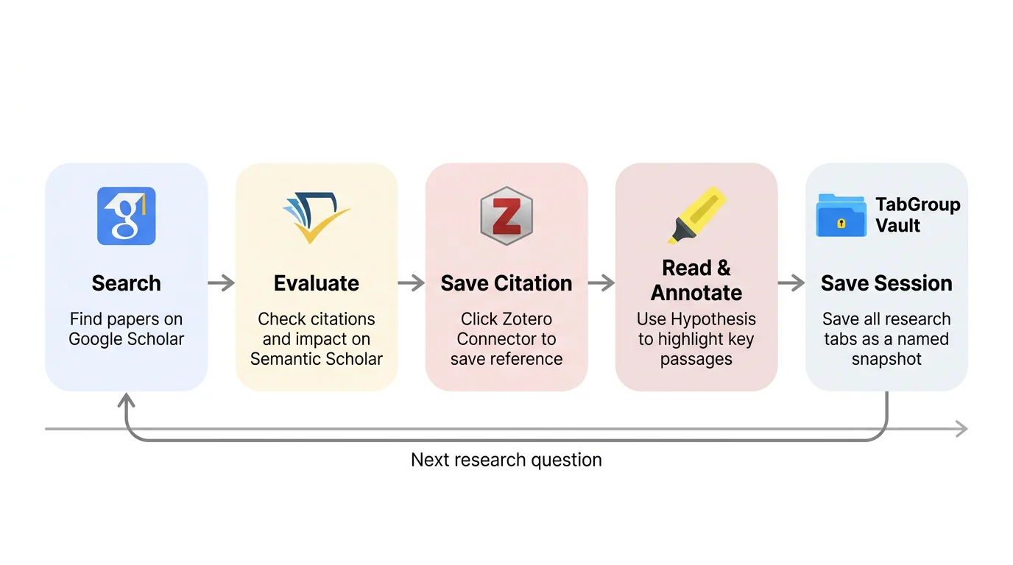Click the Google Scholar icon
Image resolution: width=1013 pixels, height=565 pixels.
click(x=127, y=216)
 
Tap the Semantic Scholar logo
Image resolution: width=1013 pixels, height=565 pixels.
click(x=316, y=217)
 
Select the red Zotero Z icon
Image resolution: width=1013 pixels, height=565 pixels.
click(x=506, y=216)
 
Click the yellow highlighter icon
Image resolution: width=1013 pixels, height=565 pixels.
click(x=696, y=215)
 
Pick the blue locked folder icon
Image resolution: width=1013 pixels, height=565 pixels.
click(x=841, y=216)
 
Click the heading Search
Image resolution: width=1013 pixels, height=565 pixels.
click(x=127, y=283)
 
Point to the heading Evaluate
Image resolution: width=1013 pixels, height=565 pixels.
click(x=317, y=283)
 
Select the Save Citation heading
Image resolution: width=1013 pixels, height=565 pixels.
click(x=506, y=283)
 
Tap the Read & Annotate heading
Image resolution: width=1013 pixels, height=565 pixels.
click(x=696, y=280)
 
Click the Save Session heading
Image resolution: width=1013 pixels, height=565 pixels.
click(x=886, y=283)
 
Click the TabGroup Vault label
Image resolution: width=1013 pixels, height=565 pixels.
click(x=917, y=215)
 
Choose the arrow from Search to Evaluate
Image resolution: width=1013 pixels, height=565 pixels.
click(x=222, y=282)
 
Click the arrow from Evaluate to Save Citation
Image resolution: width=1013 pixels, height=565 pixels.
click(x=412, y=282)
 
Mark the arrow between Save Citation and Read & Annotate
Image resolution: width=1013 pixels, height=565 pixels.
click(x=601, y=282)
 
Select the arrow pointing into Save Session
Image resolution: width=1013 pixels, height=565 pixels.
click(x=791, y=282)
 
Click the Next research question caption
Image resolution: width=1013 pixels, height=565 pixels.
click(x=506, y=461)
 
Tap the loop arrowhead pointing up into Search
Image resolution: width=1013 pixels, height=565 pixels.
click(x=127, y=401)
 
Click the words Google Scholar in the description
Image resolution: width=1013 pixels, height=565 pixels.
click(x=126, y=339)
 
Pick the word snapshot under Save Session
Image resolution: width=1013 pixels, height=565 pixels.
click(x=886, y=359)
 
